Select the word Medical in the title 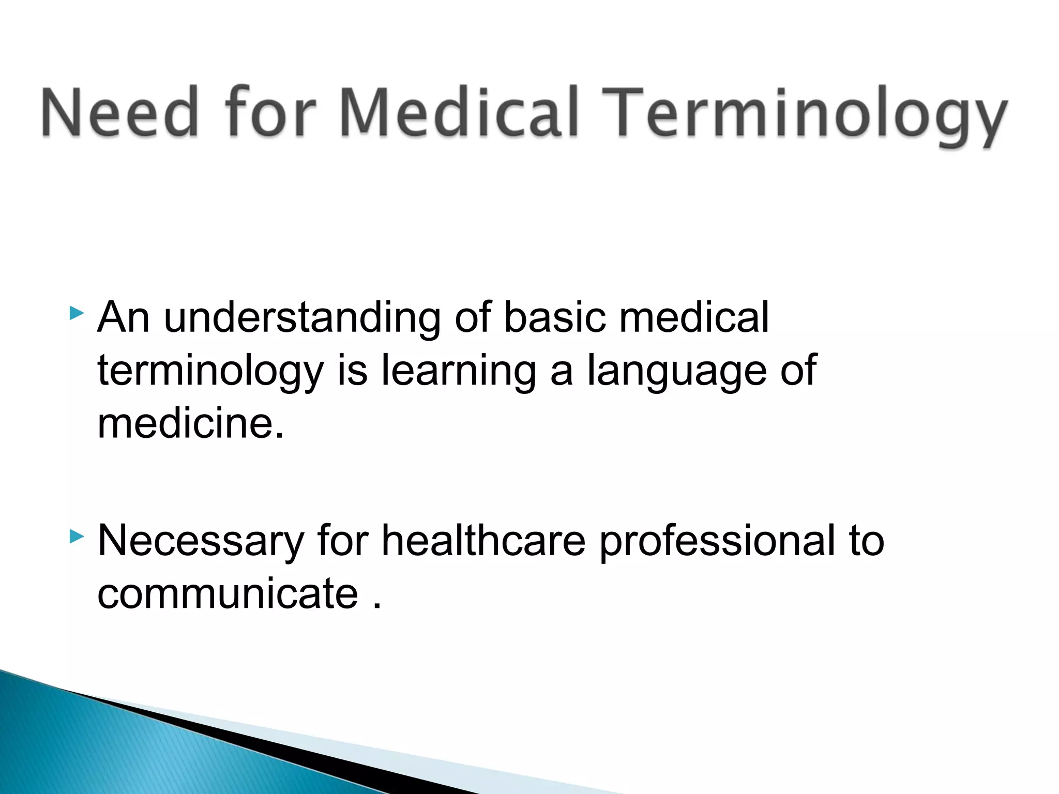point(458,113)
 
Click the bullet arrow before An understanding point(76,313)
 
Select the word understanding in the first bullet point(302,318)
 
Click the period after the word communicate point(376,606)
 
